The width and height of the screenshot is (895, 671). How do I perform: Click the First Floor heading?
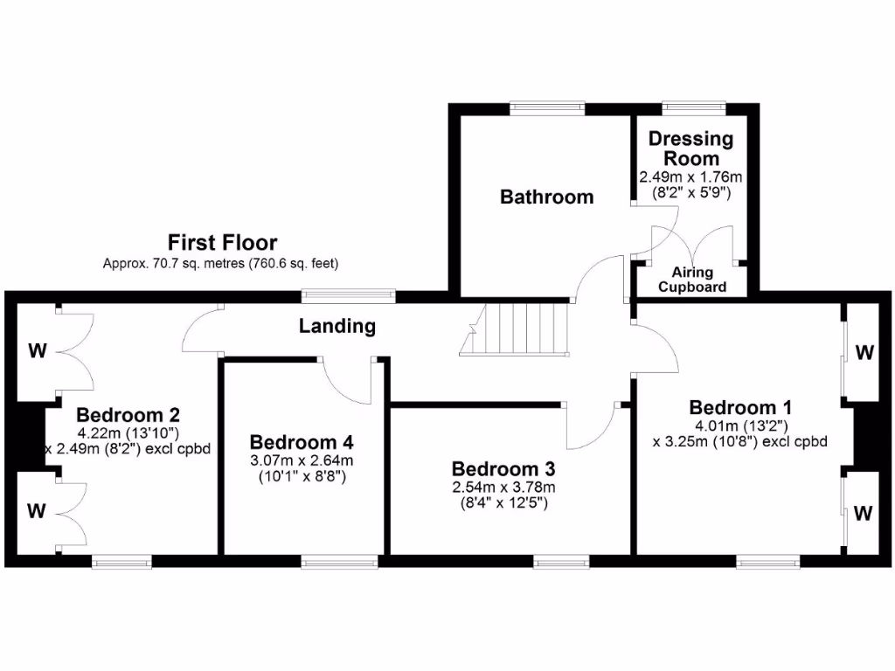click(222, 242)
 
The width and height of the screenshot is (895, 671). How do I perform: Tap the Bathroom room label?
click(546, 197)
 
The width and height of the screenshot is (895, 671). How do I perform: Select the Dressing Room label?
click(690, 149)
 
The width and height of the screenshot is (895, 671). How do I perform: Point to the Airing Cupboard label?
click(692, 280)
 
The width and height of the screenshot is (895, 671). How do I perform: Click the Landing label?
click(337, 326)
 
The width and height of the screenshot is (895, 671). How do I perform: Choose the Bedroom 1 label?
click(740, 407)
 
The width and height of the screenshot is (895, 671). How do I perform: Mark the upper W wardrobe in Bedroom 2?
click(37, 352)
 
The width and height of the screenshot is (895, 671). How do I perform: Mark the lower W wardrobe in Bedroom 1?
click(864, 513)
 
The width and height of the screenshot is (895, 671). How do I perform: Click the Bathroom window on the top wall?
click(548, 107)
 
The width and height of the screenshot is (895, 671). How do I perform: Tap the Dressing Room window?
click(694, 107)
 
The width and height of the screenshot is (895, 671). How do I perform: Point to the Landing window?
click(348, 295)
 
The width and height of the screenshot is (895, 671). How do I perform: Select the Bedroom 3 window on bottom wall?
click(561, 561)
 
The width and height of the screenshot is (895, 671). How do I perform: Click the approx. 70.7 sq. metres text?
click(220, 262)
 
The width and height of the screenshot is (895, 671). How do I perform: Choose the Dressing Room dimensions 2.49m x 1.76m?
click(690, 176)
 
